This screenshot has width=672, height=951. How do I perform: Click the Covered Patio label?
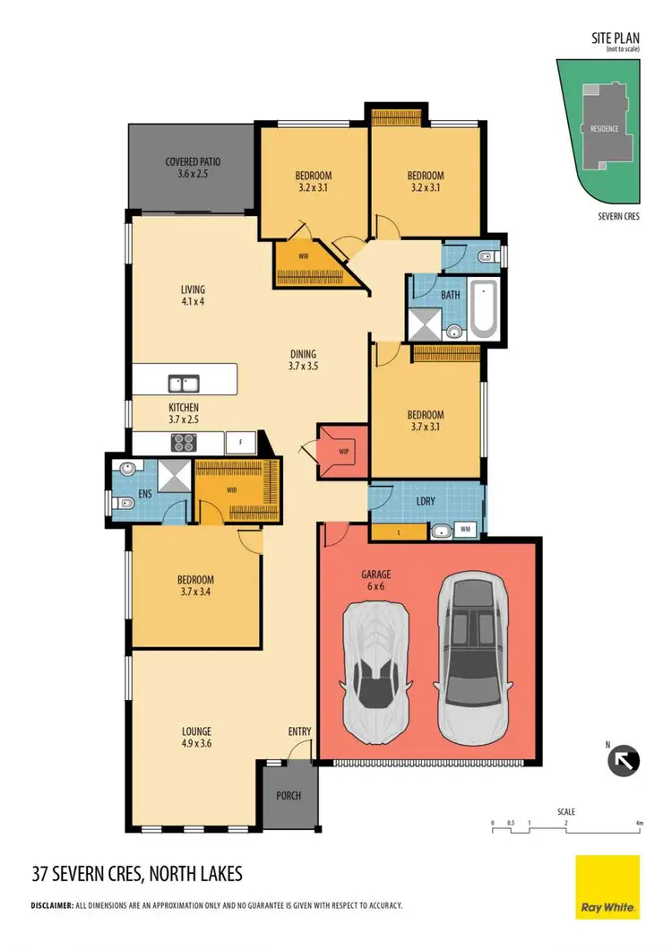point(193,168)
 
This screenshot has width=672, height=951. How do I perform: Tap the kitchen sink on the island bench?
point(185,384)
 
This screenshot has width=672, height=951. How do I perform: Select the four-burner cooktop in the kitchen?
point(184,441)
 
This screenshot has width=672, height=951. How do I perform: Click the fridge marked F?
point(240,441)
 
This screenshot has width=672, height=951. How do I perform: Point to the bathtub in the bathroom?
point(483,309)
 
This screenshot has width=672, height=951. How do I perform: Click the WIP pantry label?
point(343,451)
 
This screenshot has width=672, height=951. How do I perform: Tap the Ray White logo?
point(607,887)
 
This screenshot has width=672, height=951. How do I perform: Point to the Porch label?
point(289,796)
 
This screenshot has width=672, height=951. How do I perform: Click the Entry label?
point(299,731)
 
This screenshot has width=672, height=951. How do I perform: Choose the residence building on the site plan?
point(603,128)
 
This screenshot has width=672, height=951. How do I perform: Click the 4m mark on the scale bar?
point(639,822)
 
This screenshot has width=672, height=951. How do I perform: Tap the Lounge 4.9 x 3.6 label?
point(195,736)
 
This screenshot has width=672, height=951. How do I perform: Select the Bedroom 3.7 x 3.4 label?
point(195,585)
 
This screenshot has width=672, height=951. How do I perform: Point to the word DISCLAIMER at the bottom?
point(51,905)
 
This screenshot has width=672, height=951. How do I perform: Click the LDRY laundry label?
point(426,501)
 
